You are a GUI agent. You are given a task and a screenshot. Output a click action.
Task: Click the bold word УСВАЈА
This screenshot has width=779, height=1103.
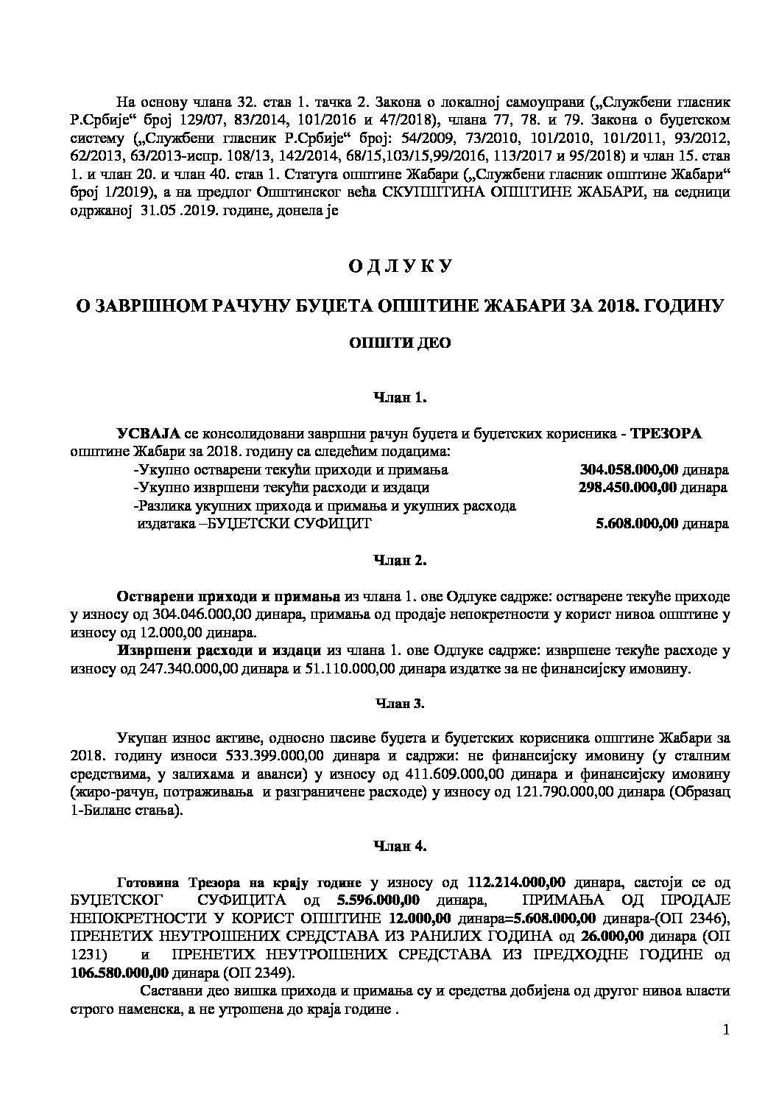tap(148, 434)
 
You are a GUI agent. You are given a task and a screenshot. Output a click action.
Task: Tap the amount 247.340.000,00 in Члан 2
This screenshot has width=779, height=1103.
tap(155, 669)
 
